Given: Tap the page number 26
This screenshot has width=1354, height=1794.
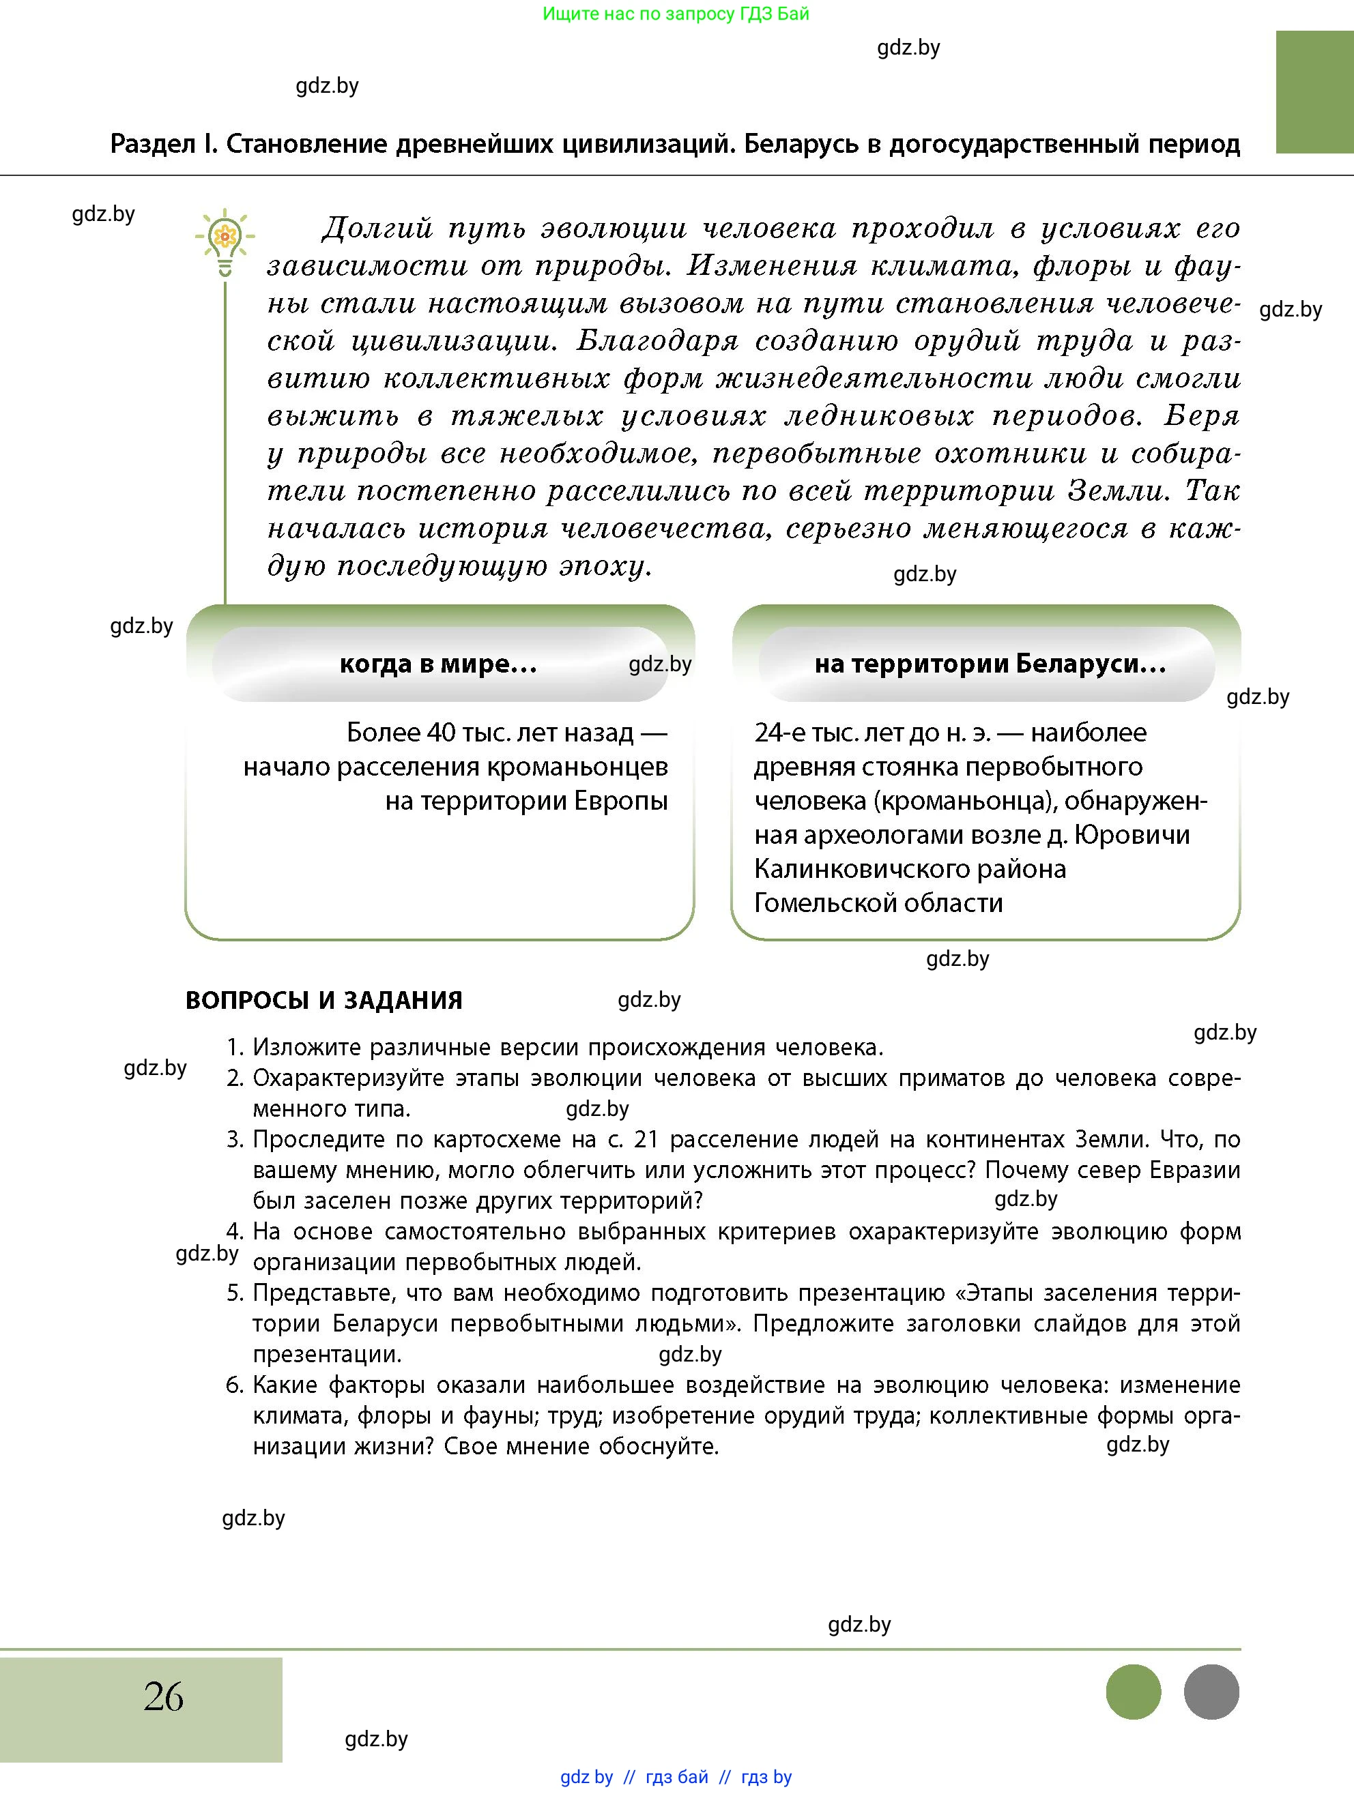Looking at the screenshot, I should pyautogui.click(x=164, y=1696).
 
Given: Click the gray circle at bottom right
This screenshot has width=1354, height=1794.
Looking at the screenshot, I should pyautogui.click(x=1211, y=1692).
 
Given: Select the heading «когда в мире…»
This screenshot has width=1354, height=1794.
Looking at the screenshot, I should pyautogui.click(x=438, y=664).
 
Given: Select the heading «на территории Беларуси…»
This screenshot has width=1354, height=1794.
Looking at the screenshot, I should pyautogui.click(x=990, y=664).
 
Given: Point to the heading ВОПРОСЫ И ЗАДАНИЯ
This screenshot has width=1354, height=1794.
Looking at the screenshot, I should pyautogui.click(x=323, y=1000).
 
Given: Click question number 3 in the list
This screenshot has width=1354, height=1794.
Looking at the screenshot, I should pyautogui.click(x=235, y=1140).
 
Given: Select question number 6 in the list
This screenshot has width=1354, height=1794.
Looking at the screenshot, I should pyautogui.click(x=235, y=1385).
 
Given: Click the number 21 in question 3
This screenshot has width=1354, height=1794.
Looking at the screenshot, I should pyautogui.click(x=645, y=1140).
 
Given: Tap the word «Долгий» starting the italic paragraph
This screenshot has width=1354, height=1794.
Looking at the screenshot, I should pyautogui.click(x=377, y=229).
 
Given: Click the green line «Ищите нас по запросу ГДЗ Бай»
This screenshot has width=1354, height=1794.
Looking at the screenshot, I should pyautogui.click(x=676, y=14).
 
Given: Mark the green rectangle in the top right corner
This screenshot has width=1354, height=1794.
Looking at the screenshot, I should pyautogui.click(x=1314, y=91).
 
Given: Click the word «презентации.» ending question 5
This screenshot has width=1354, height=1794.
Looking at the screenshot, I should pyautogui.click(x=327, y=1355).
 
